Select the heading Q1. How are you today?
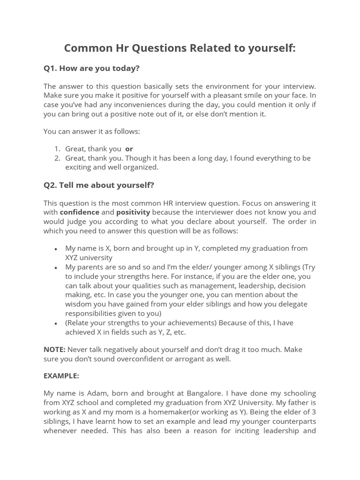pos(91,68)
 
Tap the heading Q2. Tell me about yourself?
pos(98,185)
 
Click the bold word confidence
pos(80,212)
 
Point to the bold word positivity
pos(133,212)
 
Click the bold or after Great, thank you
pos(129,149)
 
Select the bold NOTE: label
pos(54,350)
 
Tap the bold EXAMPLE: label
pos(61,376)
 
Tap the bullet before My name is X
pos(56,249)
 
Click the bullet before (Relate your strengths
pos(56,323)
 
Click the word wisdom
pos(79,304)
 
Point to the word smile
pos(252,96)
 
